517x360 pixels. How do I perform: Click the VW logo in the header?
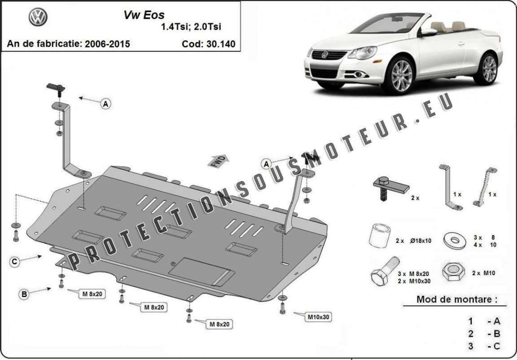coord(38,17)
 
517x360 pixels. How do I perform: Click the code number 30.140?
coord(221,44)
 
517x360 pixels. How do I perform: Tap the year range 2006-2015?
coord(107,44)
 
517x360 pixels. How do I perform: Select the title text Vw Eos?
coord(144,15)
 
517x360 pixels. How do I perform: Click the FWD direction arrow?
coord(218,161)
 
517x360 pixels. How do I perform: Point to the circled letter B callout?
coord(24,294)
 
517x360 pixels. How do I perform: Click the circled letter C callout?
coord(14,262)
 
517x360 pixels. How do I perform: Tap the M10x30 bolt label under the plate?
coord(318,317)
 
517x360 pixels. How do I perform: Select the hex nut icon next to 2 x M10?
coord(453,272)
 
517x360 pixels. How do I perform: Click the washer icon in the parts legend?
coord(455,240)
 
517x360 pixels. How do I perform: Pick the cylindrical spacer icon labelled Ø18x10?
coord(380,235)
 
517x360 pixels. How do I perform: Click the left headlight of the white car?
coord(362,53)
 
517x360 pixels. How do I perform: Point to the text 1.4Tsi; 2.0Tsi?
coord(191,26)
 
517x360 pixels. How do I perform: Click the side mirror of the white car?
coord(428,32)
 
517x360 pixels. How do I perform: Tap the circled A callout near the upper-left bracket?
coord(105,104)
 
